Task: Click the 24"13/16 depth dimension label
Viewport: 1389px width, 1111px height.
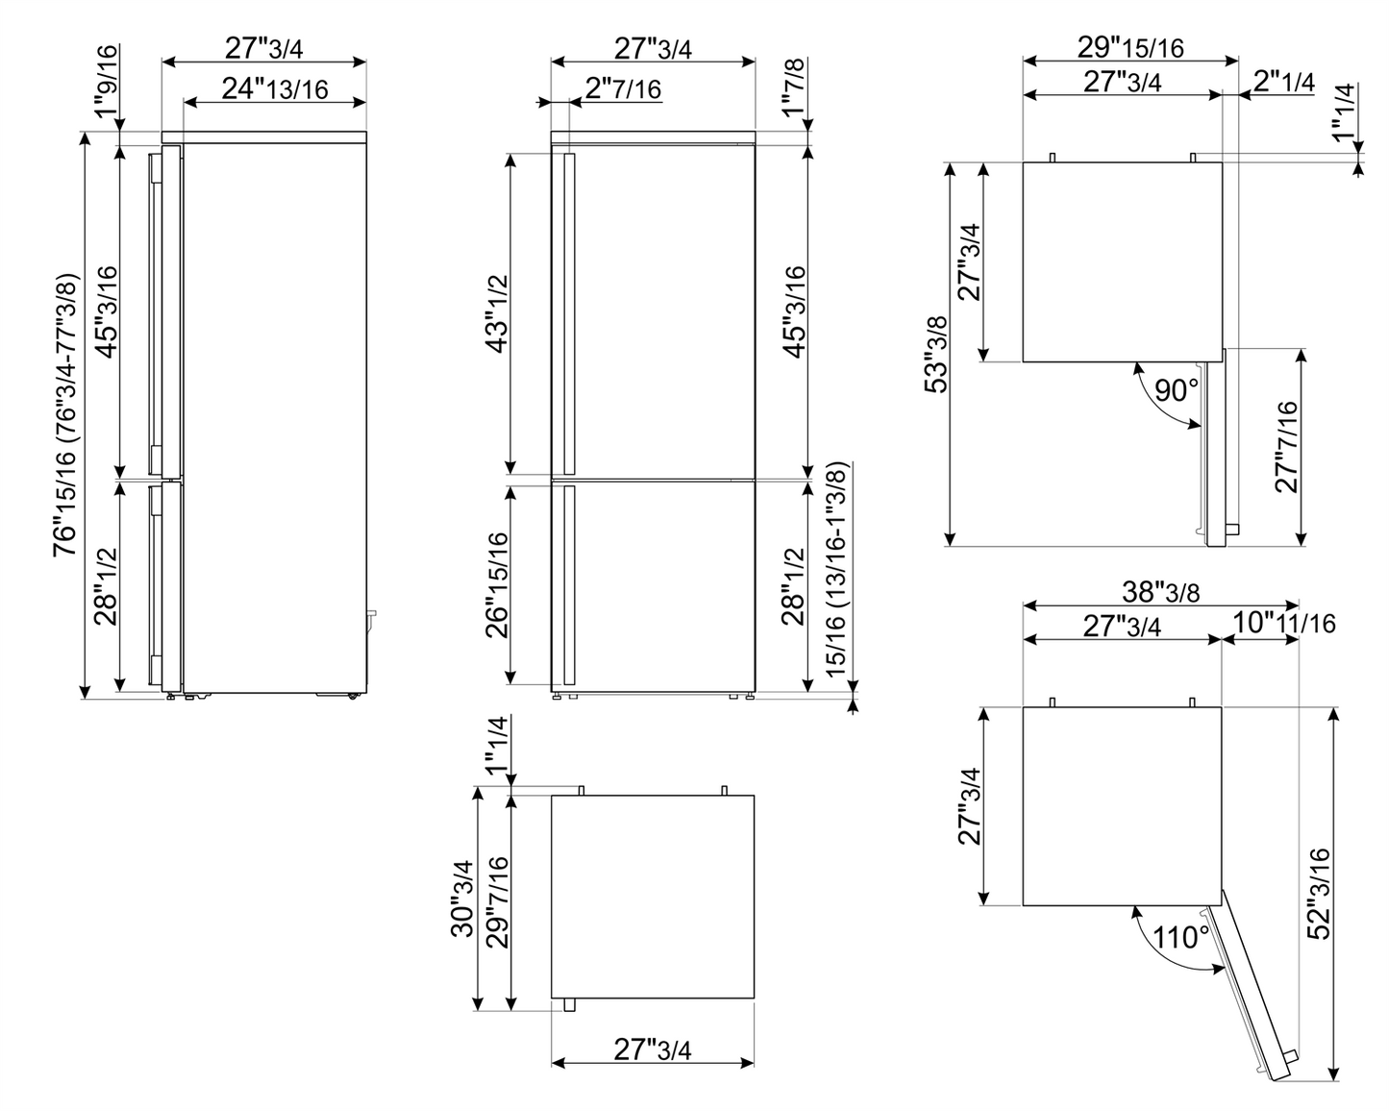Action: [x=275, y=89]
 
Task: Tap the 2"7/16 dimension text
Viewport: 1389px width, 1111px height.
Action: [x=623, y=89]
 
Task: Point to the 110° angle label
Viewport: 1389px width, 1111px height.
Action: [x=1181, y=936]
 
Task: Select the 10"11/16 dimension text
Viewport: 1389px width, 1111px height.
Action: [x=1283, y=624]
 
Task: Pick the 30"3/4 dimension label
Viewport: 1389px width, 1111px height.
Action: [x=463, y=898]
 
